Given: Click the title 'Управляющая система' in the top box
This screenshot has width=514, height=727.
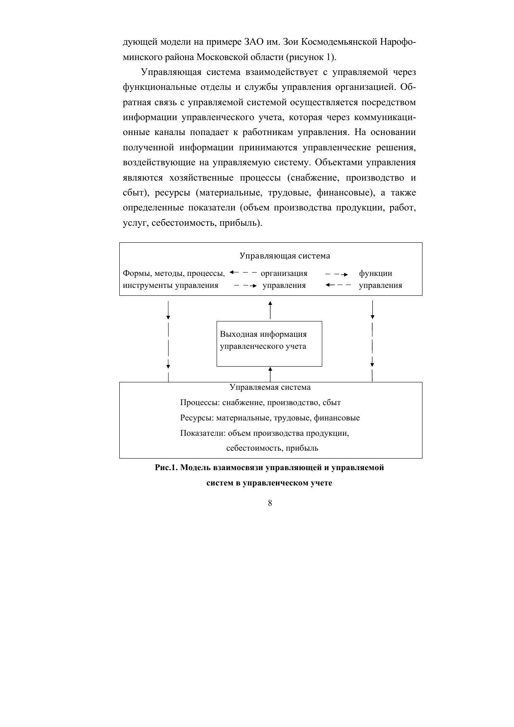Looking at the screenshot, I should click(285, 256).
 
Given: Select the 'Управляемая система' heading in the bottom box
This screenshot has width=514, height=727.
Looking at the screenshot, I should click(270, 387).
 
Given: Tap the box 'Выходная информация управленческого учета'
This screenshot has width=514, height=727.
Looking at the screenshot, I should click(269, 343).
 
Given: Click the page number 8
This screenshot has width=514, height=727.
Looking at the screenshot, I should click(270, 503).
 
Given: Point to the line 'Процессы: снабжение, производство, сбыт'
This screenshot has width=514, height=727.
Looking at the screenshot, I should click(260, 403).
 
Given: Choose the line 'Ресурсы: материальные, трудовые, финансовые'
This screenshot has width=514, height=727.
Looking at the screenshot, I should click(270, 418).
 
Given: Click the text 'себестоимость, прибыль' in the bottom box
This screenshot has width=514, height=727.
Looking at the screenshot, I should click(272, 448).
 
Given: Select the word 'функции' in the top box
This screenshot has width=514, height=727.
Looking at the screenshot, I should click(375, 273).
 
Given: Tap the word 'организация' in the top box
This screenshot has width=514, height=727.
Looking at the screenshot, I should click(284, 273).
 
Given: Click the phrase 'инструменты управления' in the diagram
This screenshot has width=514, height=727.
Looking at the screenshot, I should click(170, 285).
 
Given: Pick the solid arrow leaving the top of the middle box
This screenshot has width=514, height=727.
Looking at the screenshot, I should click(270, 310).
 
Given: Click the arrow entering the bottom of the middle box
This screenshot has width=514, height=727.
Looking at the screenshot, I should click(270, 374).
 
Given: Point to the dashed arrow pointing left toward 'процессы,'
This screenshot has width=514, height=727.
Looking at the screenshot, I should click(243, 273).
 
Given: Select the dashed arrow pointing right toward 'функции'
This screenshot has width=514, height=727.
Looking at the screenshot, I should click(337, 274).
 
